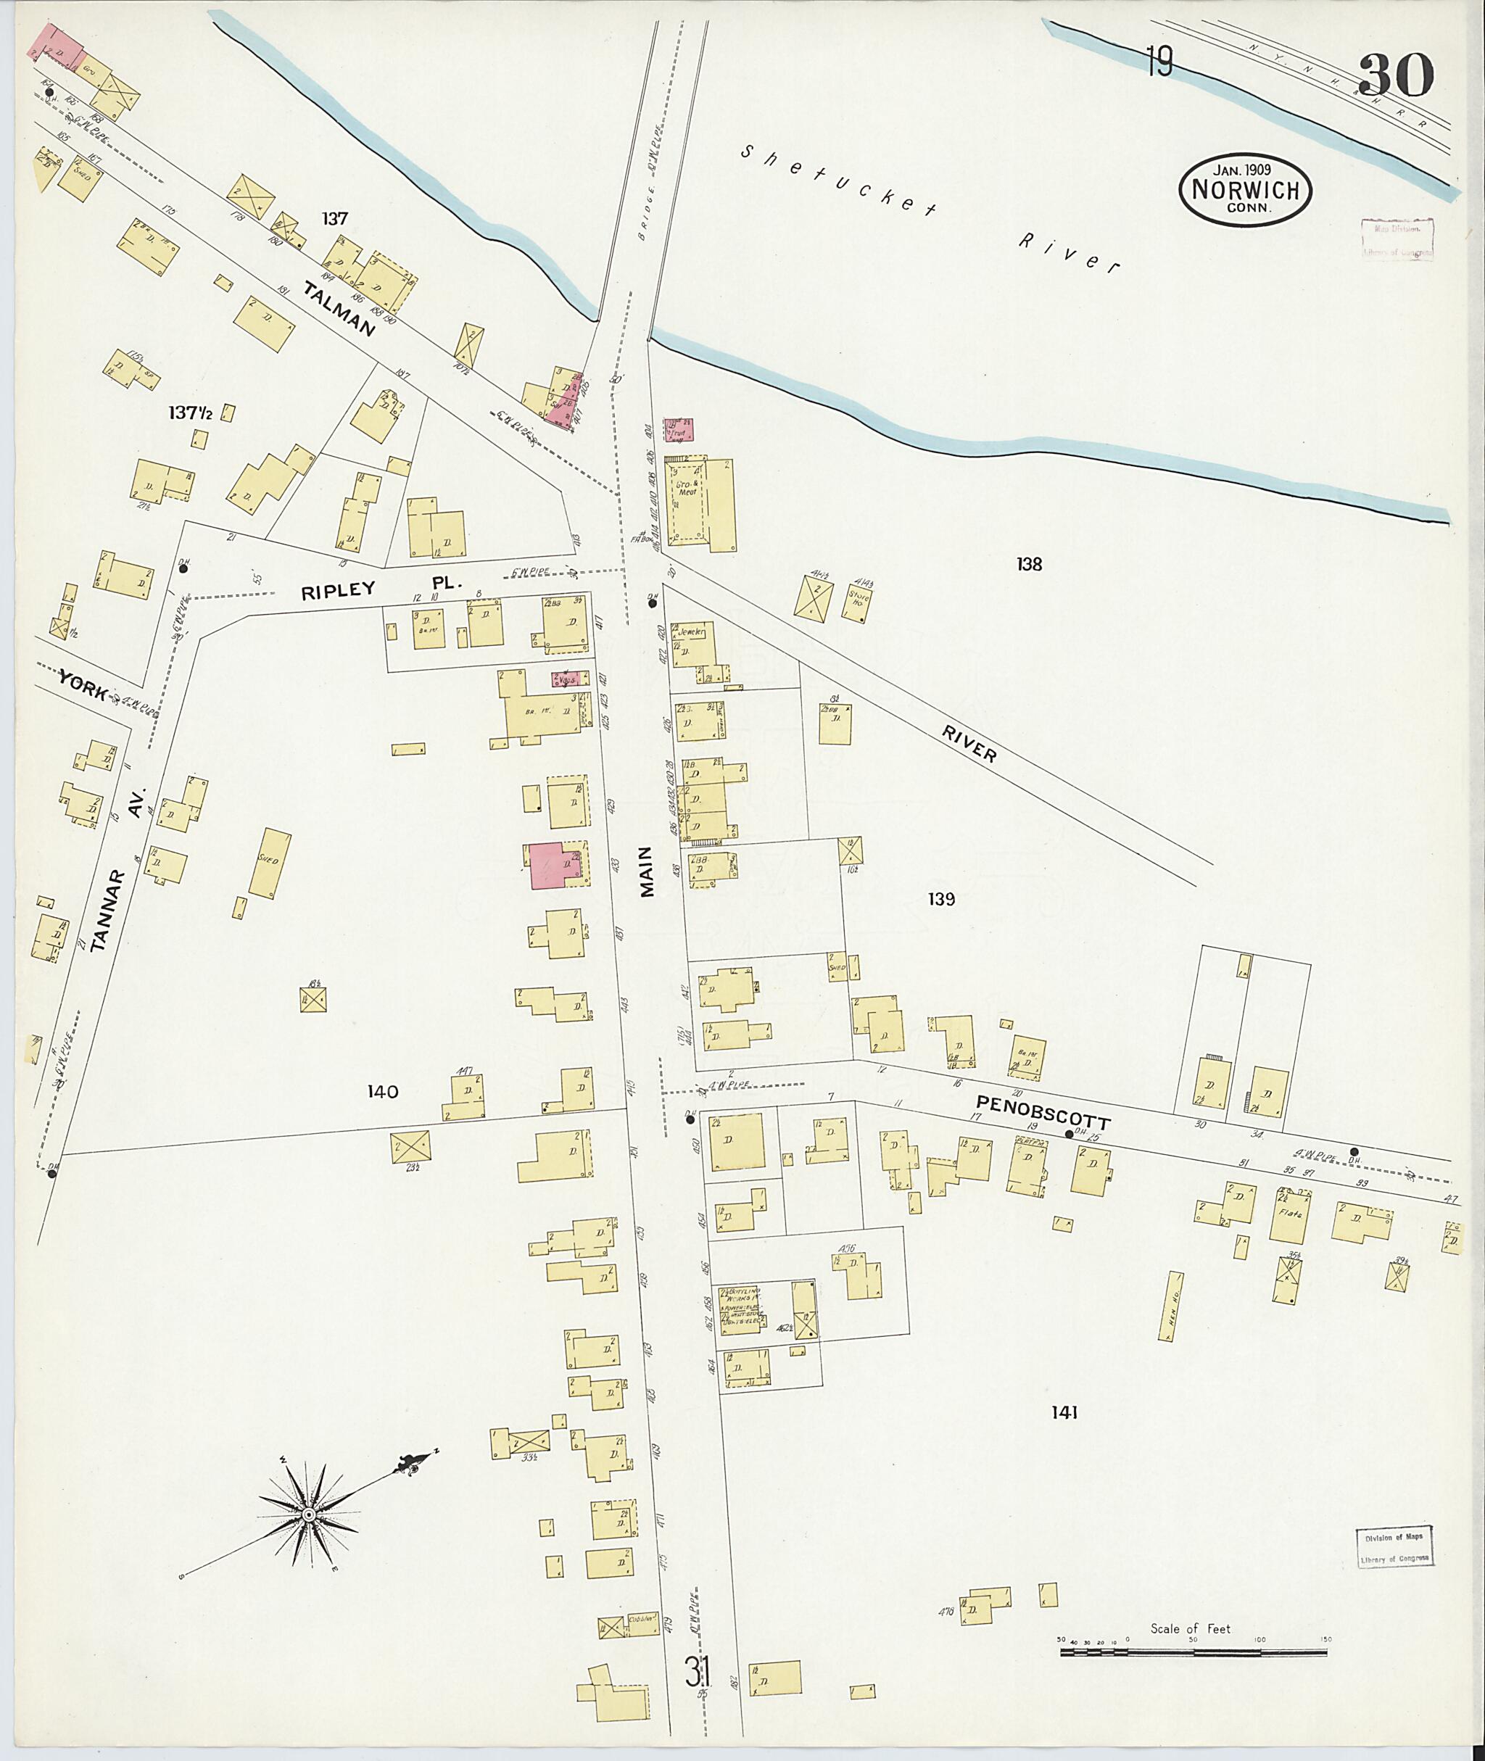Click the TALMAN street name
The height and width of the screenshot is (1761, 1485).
pos(339,310)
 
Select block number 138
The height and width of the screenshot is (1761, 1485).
pos(1029,564)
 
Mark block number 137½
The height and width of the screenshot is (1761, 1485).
pos(189,413)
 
